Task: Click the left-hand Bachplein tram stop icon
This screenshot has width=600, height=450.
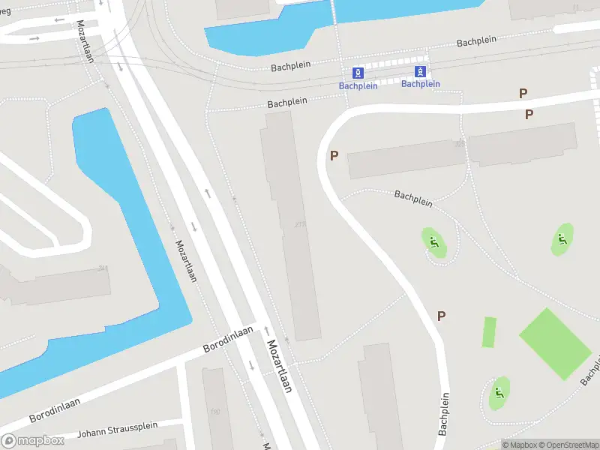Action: (358, 73)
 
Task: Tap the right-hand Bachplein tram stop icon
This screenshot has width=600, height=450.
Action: (421, 72)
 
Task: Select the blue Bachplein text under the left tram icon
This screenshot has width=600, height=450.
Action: (358, 85)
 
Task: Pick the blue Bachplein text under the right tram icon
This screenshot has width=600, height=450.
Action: (421, 84)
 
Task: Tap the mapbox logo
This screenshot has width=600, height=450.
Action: (33, 441)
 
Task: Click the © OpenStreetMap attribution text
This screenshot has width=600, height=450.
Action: (568, 445)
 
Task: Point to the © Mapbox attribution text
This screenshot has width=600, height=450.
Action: (520, 445)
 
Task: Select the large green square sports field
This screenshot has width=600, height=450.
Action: (555, 343)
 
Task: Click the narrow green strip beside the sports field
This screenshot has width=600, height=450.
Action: (489, 332)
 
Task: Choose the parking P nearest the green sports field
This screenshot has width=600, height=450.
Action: (441, 316)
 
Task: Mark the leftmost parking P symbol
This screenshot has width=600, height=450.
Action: (334, 156)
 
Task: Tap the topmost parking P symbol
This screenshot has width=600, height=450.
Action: (523, 94)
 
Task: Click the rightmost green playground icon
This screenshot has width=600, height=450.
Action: (562, 240)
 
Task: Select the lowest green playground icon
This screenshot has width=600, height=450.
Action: (499, 393)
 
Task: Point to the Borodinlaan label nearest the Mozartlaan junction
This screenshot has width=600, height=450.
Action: (228, 340)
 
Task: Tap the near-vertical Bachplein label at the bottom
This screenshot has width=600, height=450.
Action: (444, 414)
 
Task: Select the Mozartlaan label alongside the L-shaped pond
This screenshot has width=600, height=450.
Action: (185, 260)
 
